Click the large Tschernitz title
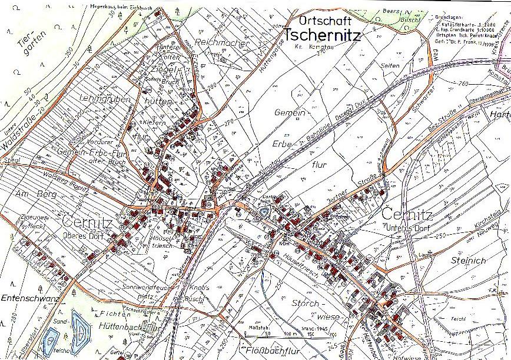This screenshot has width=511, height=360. [322, 35]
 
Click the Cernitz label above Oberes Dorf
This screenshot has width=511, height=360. [89, 222]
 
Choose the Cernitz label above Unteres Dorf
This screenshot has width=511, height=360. [407, 213]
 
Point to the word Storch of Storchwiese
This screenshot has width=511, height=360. [304, 304]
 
